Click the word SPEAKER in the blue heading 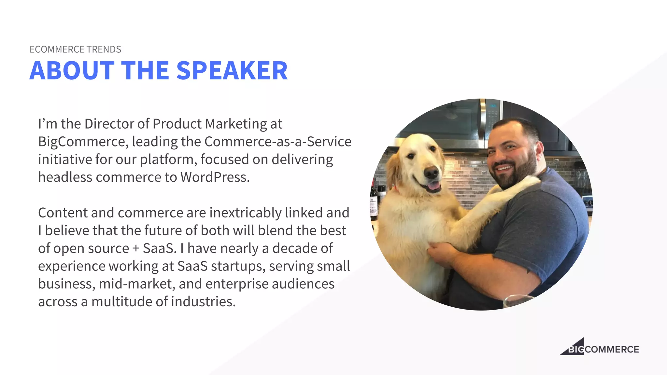tap(232, 71)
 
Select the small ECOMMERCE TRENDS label tap(75, 49)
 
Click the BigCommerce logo tap(599, 348)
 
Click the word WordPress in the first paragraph tap(215, 177)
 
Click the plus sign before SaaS tap(136, 249)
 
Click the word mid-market tap(137, 284)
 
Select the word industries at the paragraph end tap(203, 302)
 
